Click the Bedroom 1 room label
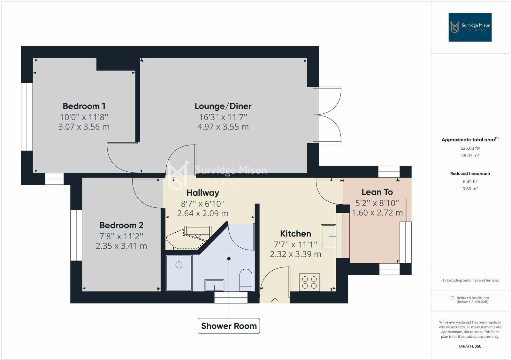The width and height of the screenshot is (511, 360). (84, 106)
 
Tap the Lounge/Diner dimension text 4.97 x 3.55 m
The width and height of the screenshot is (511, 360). (223, 127)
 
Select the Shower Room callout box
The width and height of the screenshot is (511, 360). (229, 326)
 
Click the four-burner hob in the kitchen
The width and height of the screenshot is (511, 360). (309, 282)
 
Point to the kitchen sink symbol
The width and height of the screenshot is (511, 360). (328, 236)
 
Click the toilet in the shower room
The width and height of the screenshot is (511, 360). (246, 279)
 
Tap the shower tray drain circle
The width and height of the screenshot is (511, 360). (179, 265)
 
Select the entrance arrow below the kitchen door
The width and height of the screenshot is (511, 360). (275, 301)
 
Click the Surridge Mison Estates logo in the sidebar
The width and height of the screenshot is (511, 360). (470, 27)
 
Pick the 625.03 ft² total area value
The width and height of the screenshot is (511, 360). (470, 148)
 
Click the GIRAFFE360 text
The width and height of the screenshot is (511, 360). (470, 346)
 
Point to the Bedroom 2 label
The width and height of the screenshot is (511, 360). (121, 225)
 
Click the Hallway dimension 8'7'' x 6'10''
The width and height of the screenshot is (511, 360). (203, 204)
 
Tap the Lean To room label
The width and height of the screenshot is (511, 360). (377, 192)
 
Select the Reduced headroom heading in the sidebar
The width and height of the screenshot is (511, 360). (470, 174)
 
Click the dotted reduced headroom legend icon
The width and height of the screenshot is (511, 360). (452, 298)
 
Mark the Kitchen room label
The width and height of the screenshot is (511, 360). (295, 234)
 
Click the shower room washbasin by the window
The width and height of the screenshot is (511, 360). (214, 285)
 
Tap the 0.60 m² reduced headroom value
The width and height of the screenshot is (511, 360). (470, 189)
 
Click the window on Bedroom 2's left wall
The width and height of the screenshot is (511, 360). (76, 235)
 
